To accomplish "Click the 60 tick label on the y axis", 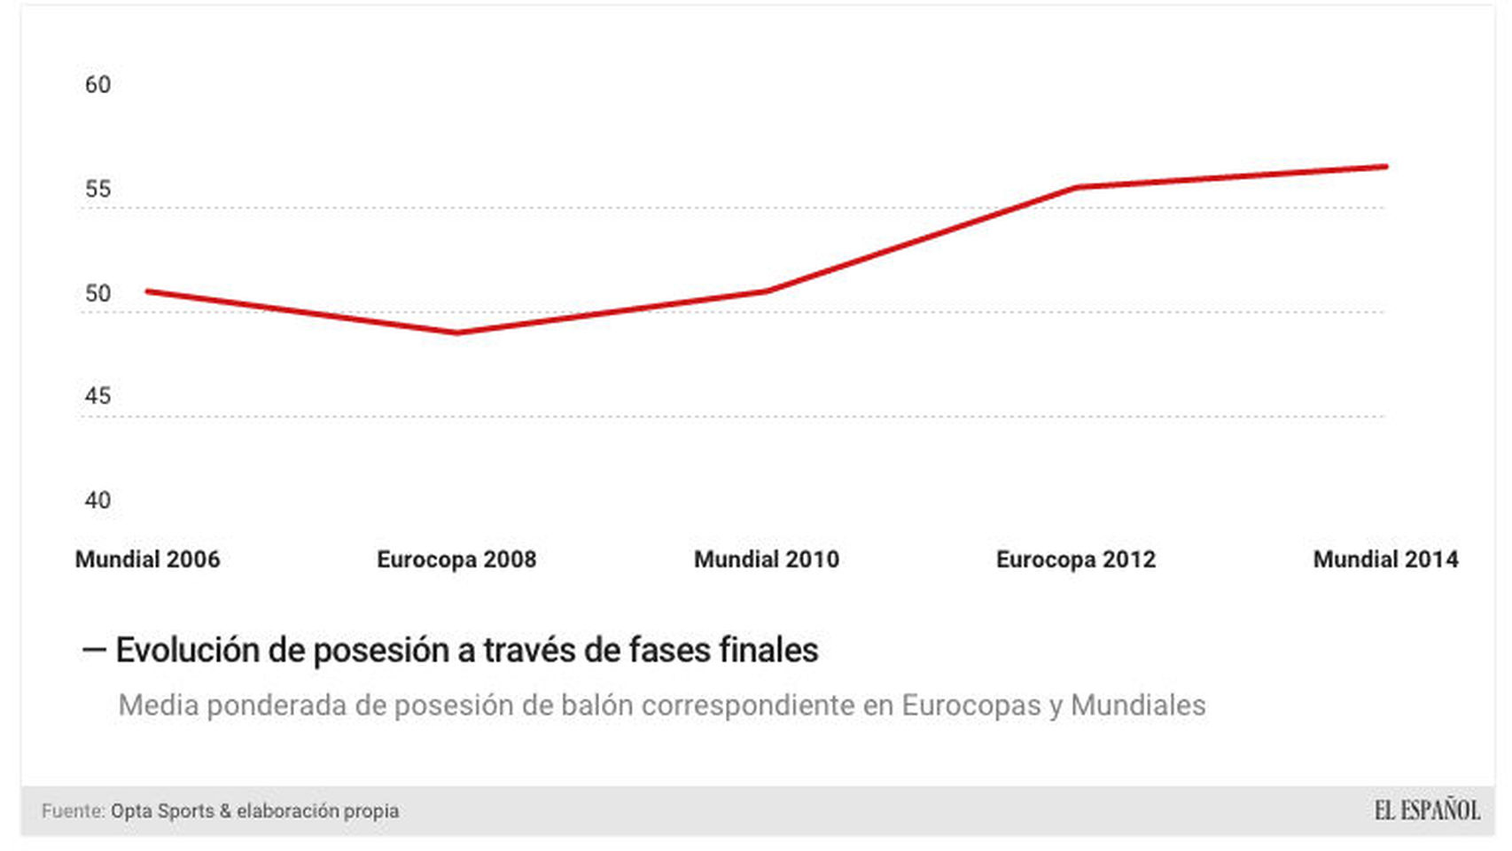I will pos(97,85).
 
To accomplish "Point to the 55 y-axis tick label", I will pos(97,190).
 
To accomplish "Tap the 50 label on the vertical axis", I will pos(97,294).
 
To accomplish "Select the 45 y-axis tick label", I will pos(97,396).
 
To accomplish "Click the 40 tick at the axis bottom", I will pos(97,501).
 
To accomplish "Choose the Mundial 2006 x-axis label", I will pos(147,559).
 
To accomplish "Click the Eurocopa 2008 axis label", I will pos(456,559).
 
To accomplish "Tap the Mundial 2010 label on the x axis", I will pos(766,559).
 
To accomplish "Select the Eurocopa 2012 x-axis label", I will pos(1075,559).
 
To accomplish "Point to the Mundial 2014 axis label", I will pos(1384,559).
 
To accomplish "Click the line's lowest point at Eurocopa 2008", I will pos(456,332).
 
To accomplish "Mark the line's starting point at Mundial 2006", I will pos(148,291).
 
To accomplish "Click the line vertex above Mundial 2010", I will pos(767,291).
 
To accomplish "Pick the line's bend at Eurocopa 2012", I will pos(1076,187).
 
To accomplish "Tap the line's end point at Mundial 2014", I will pos(1385,166).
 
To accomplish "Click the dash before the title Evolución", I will pos(93,650).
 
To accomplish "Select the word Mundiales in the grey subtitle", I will pos(1137,706).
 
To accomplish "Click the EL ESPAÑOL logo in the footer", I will pos(1427,810).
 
